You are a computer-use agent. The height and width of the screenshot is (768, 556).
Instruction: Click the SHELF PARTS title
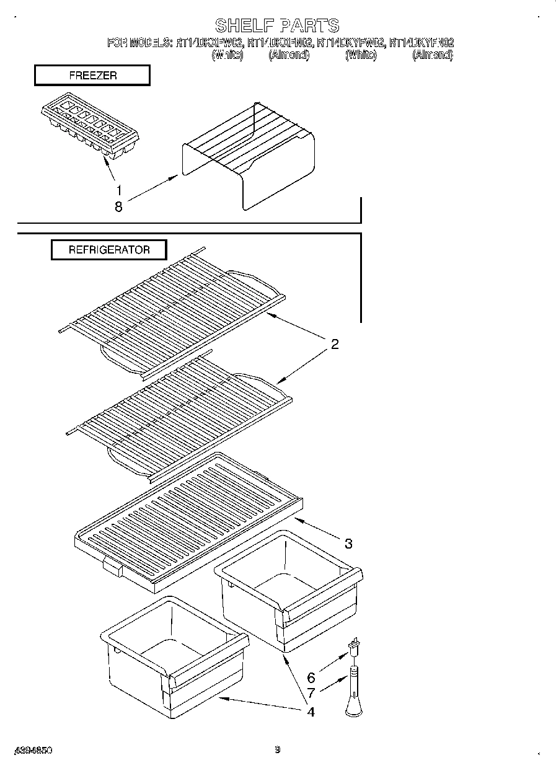pyautogui.click(x=277, y=25)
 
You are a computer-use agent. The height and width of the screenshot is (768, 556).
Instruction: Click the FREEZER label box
pyautogui.click(x=92, y=76)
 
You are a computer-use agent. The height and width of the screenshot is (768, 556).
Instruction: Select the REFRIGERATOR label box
pyautogui.click(x=108, y=250)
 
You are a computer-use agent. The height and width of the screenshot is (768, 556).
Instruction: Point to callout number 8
pyautogui.click(x=118, y=208)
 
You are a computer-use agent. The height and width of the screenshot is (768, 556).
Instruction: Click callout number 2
pyautogui.click(x=335, y=345)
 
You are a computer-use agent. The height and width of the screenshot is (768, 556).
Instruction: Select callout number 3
pyautogui.click(x=348, y=544)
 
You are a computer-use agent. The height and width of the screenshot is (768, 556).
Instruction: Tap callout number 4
pyautogui.click(x=311, y=712)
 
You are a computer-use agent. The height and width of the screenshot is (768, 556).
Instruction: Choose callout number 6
pyautogui.click(x=311, y=678)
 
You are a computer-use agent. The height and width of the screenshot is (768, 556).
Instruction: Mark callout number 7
pyautogui.click(x=311, y=694)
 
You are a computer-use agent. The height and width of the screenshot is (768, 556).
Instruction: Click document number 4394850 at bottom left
pyautogui.click(x=31, y=750)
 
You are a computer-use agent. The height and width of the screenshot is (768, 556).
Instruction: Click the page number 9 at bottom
pyautogui.click(x=278, y=749)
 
